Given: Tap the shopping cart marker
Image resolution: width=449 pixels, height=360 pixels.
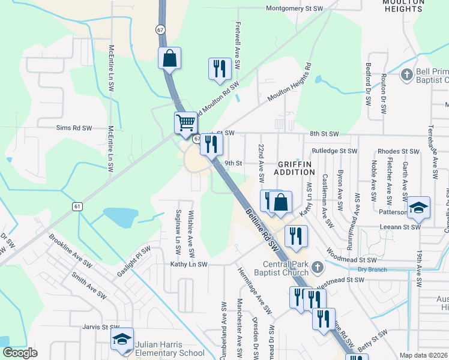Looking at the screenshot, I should pos(186,123).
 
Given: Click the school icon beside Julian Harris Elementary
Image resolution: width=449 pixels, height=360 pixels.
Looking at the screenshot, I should pos(122,339).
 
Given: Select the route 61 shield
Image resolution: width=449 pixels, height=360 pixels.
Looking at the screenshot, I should pos(77,206).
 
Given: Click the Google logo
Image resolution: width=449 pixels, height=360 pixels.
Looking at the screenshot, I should pos(20,353).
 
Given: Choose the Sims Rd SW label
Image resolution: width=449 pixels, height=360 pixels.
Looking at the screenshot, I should pos(74,128).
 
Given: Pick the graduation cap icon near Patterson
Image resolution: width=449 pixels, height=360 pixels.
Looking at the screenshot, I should pos(418,208).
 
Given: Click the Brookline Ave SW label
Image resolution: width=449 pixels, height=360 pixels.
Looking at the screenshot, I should pos(71,250).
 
